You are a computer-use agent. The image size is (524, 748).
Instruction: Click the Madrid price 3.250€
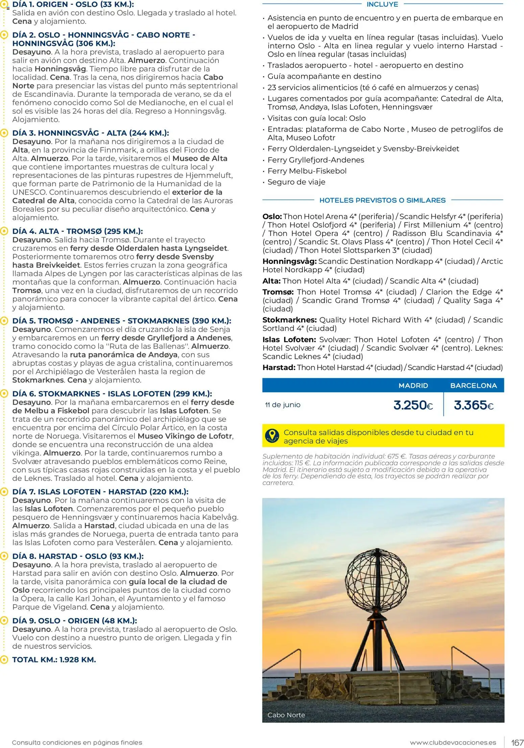click(x=413, y=405)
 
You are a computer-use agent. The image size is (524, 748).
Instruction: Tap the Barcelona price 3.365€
click(x=473, y=405)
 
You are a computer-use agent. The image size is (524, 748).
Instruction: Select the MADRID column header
click(x=413, y=385)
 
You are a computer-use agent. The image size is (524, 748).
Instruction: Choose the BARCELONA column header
click(x=473, y=385)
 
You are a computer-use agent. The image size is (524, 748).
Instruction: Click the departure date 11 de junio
click(x=283, y=405)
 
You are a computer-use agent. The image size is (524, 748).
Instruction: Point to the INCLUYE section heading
click(x=382, y=4)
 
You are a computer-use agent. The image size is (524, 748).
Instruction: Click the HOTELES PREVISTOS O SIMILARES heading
click(x=382, y=200)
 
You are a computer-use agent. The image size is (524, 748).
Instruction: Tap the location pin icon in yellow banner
click(x=272, y=436)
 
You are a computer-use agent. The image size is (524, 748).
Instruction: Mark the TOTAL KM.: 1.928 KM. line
click(x=54, y=659)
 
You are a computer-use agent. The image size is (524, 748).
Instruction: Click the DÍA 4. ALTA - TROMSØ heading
click(x=77, y=231)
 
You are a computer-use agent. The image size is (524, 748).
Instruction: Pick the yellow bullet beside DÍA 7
click(x=4, y=492)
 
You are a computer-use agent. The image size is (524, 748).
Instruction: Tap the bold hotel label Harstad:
click(x=279, y=368)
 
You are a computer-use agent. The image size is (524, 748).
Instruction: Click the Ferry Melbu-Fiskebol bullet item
click(x=307, y=171)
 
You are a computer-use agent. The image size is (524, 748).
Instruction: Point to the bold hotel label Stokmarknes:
click(x=289, y=320)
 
